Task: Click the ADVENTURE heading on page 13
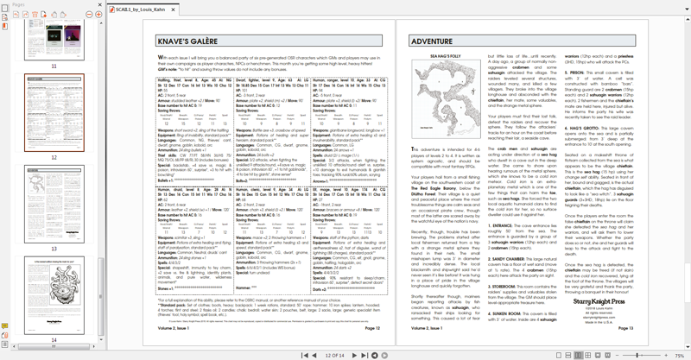pyautogui.click(x=430, y=41)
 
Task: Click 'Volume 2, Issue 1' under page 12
pyautogui.click(x=172, y=329)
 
